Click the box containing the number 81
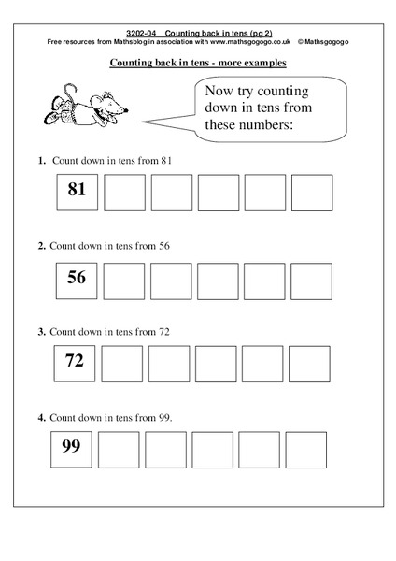point(77,191)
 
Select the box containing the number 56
point(77,279)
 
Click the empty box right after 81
point(124,191)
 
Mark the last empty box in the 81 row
point(313,191)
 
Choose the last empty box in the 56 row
point(313,279)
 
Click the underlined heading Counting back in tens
point(198,64)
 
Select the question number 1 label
point(42,160)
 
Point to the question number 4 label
point(42,417)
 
